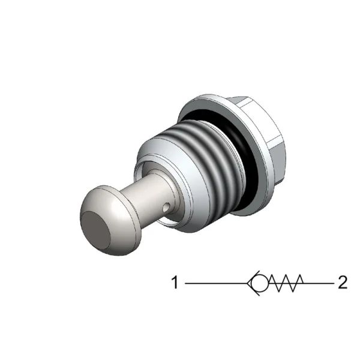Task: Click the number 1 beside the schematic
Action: pyautogui.click(x=175, y=283)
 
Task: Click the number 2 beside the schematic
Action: pyautogui.click(x=343, y=283)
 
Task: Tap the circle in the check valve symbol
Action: pyautogui.click(x=260, y=283)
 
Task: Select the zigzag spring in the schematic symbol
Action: pyautogui.click(x=286, y=283)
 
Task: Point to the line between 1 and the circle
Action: pyautogui.click(x=216, y=283)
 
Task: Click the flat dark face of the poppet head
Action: pyautogui.click(x=96, y=230)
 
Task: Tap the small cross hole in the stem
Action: pyautogui.click(x=166, y=208)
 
